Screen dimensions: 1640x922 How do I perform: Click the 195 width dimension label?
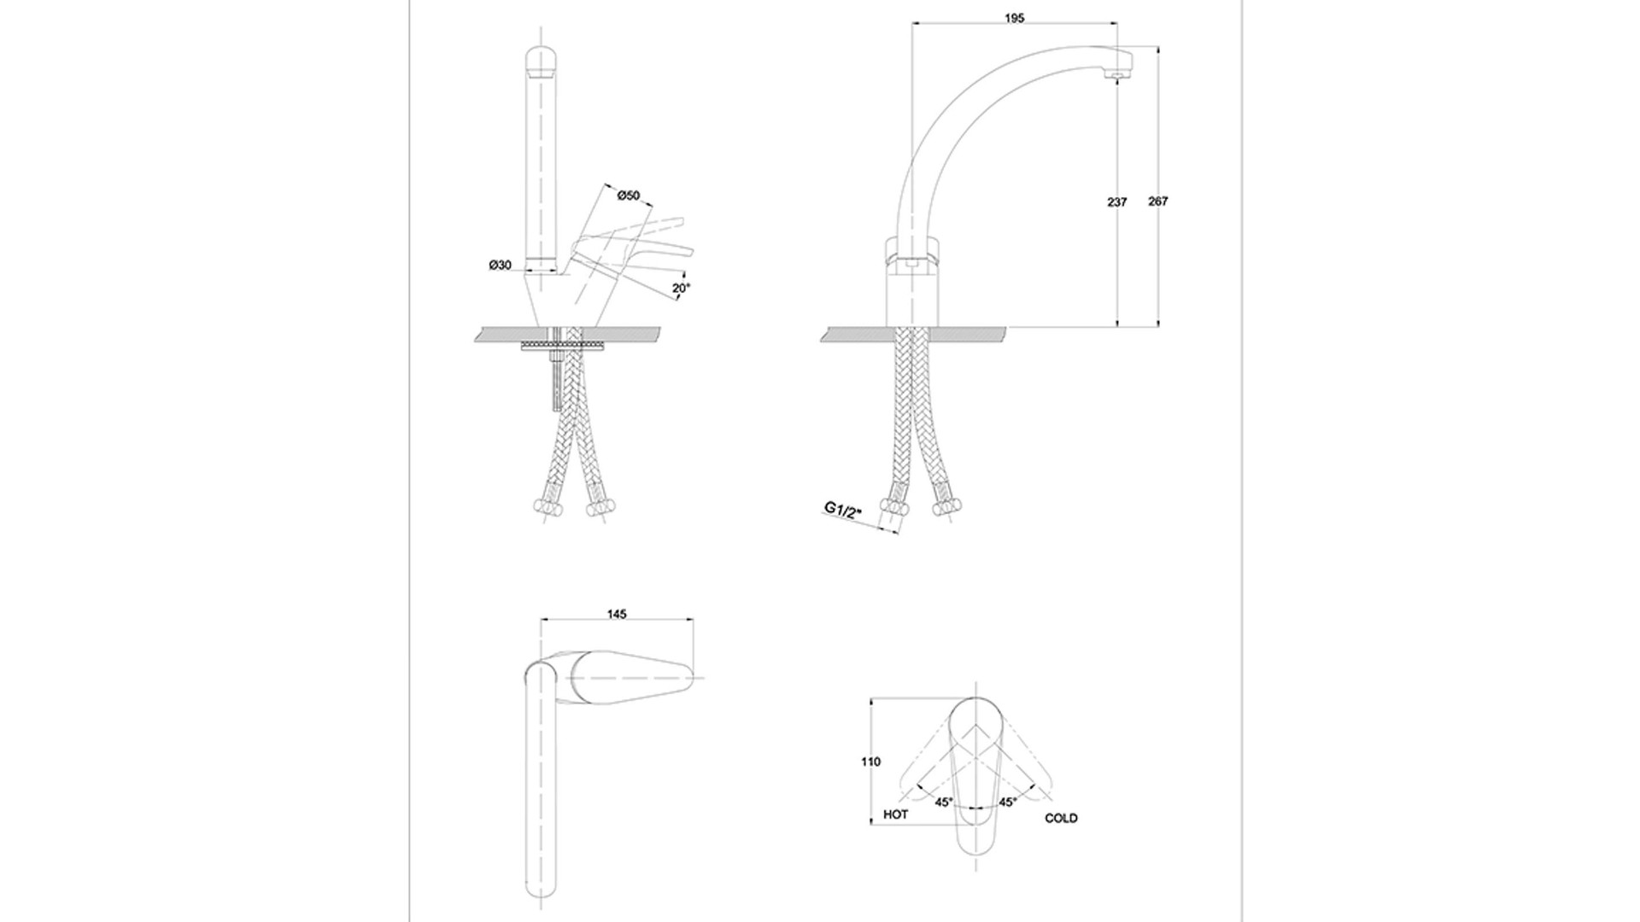point(1015,18)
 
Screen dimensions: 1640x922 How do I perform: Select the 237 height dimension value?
point(1117,202)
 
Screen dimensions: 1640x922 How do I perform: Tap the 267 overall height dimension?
point(1158,201)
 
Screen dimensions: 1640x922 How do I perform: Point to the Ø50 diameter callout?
point(629,195)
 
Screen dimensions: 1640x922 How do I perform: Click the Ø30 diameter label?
point(501,266)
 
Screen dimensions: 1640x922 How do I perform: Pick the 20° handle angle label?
point(680,289)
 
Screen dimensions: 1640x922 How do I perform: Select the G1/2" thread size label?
point(843,511)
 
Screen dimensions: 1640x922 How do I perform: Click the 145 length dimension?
point(617,614)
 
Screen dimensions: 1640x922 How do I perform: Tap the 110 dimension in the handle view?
point(871,762)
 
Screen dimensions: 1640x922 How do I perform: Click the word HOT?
point(896,814)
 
